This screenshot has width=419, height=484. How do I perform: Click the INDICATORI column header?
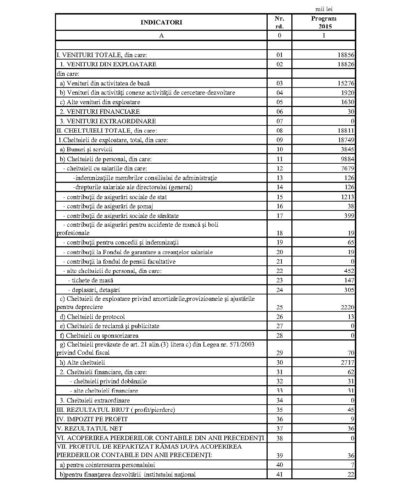click(161, 22)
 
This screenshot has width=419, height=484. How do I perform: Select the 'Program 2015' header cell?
click(323, 22)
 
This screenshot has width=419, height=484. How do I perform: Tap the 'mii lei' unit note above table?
click(324, 9)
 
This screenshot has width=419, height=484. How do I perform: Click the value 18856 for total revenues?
click(346, 55)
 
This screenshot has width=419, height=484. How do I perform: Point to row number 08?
click(279, 131)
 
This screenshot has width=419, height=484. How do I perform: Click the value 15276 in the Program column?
click(346, 83)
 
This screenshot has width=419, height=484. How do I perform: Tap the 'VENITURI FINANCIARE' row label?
click(100, 112)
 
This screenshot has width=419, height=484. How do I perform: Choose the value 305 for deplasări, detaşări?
click(349, 290)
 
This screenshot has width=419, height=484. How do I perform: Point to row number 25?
click(279, 307)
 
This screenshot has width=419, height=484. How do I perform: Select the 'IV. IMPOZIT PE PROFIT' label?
click(92, 419)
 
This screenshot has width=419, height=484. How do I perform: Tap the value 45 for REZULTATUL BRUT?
click(351, 410)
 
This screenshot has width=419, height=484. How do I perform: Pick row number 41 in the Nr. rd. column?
click(279, 474)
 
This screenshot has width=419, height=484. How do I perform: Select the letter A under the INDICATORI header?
click(161, 35)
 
